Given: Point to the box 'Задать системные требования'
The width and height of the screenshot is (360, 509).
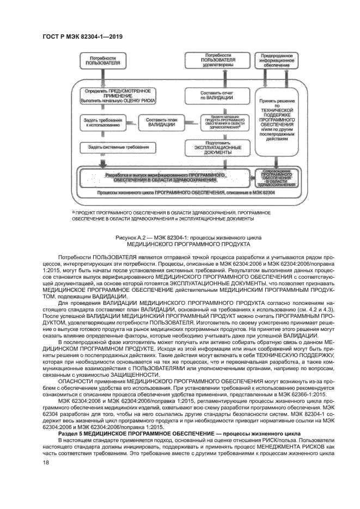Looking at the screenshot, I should [114, 147].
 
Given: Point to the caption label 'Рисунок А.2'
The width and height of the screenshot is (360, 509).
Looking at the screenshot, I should [132, 238].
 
